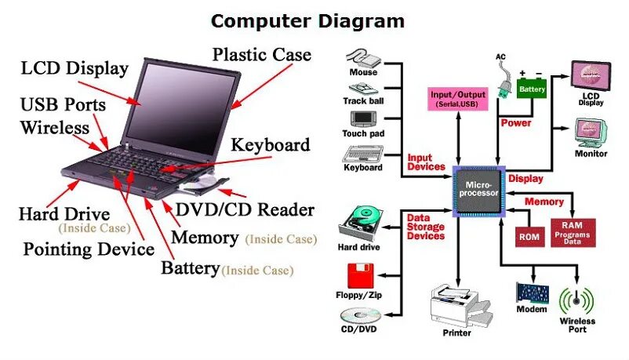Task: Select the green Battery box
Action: pos(531,87)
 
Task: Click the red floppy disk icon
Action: pos(362,277)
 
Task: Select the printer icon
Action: pos(459,306)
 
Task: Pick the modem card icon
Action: pos(532,293)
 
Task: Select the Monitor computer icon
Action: pos(591,133)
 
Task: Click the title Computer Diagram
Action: pos(308,20)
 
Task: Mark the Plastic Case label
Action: pos(262,55)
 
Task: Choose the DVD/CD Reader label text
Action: pos(244,209)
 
